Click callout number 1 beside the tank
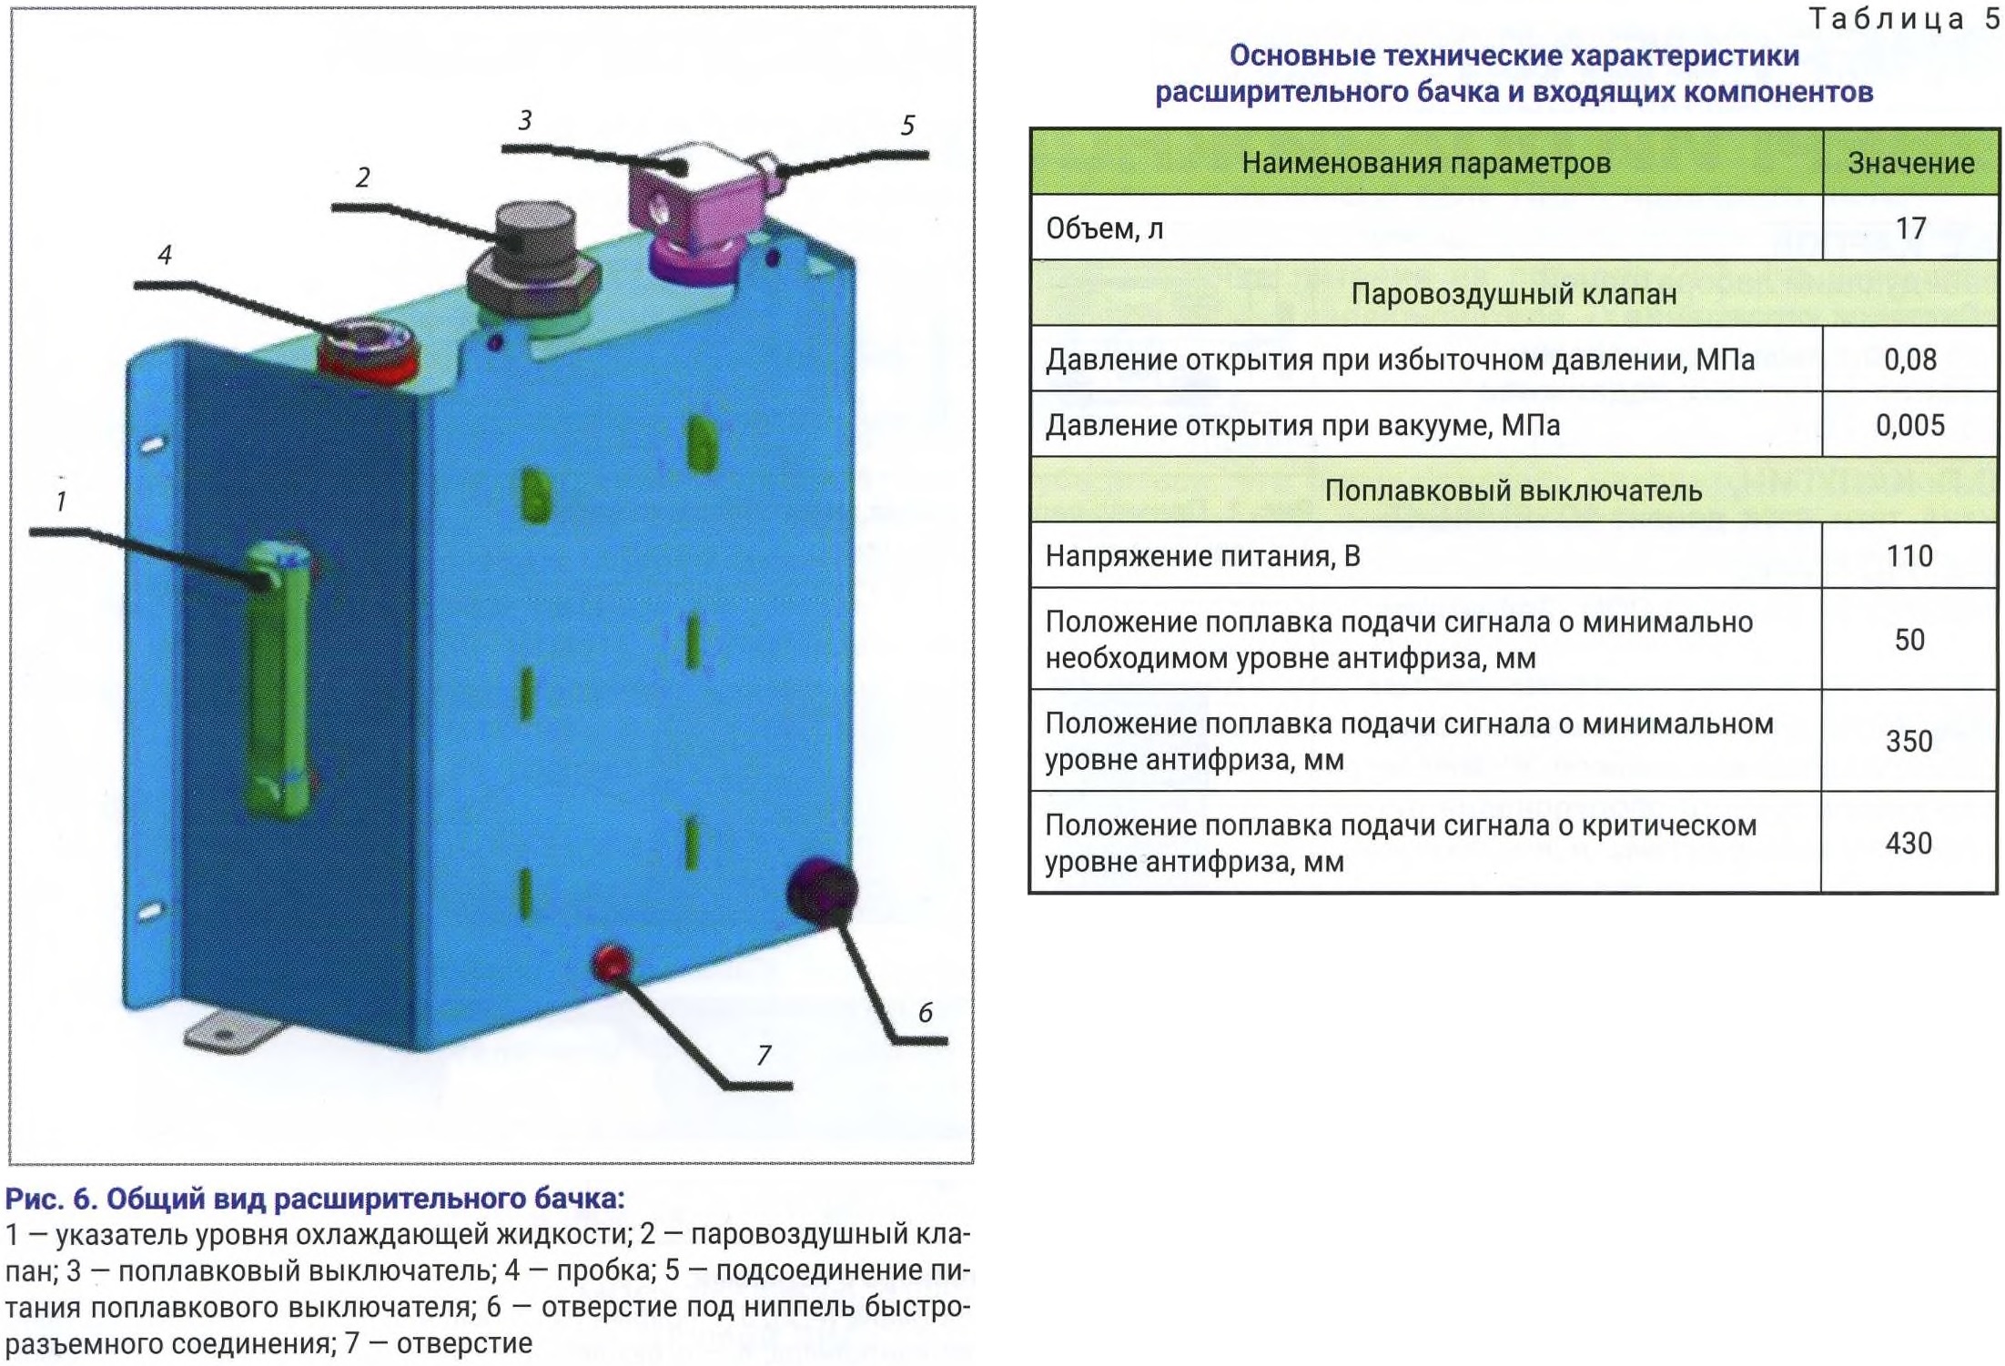61,501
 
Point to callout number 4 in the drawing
165,255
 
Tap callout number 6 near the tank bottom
925,1012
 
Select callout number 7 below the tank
764,1055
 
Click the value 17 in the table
1909,228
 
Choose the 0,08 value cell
1909,359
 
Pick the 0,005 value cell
1909,425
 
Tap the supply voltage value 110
1909,556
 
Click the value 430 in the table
1909,843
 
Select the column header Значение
1910,163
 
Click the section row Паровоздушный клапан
1513,294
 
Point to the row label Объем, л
1104,228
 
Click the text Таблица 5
1903,19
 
